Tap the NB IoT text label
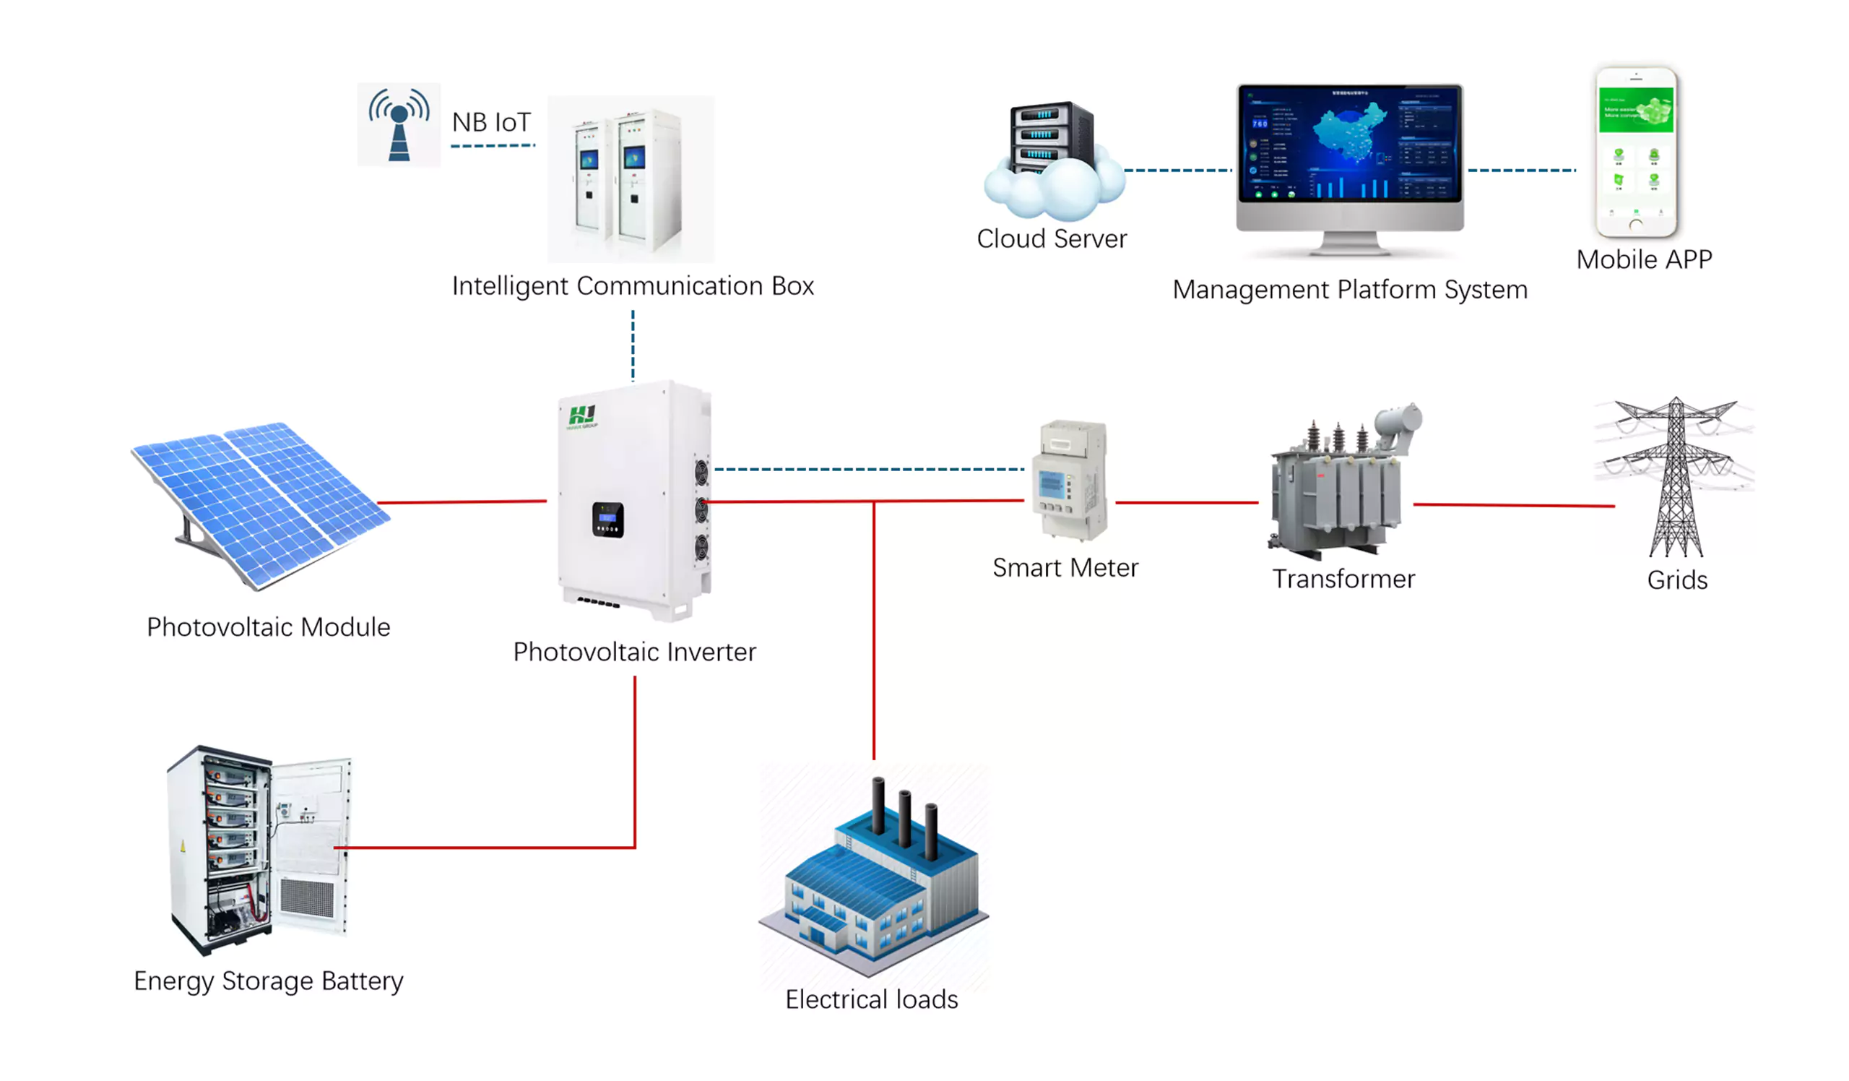click(491, 122)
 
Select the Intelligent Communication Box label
click(633, 285)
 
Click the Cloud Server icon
click(1053, 163)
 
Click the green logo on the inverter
click(583, 416)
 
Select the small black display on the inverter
click(607, 520)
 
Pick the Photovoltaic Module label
click(269, 627)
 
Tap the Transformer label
click(1343, 579)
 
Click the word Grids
click(1676, 580)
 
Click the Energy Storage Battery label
click(269, 981)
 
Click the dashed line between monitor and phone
click(1521, 171)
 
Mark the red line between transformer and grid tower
click(1513, 505)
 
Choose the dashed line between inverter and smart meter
click(870, 469)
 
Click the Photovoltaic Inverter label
click(634, 653)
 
